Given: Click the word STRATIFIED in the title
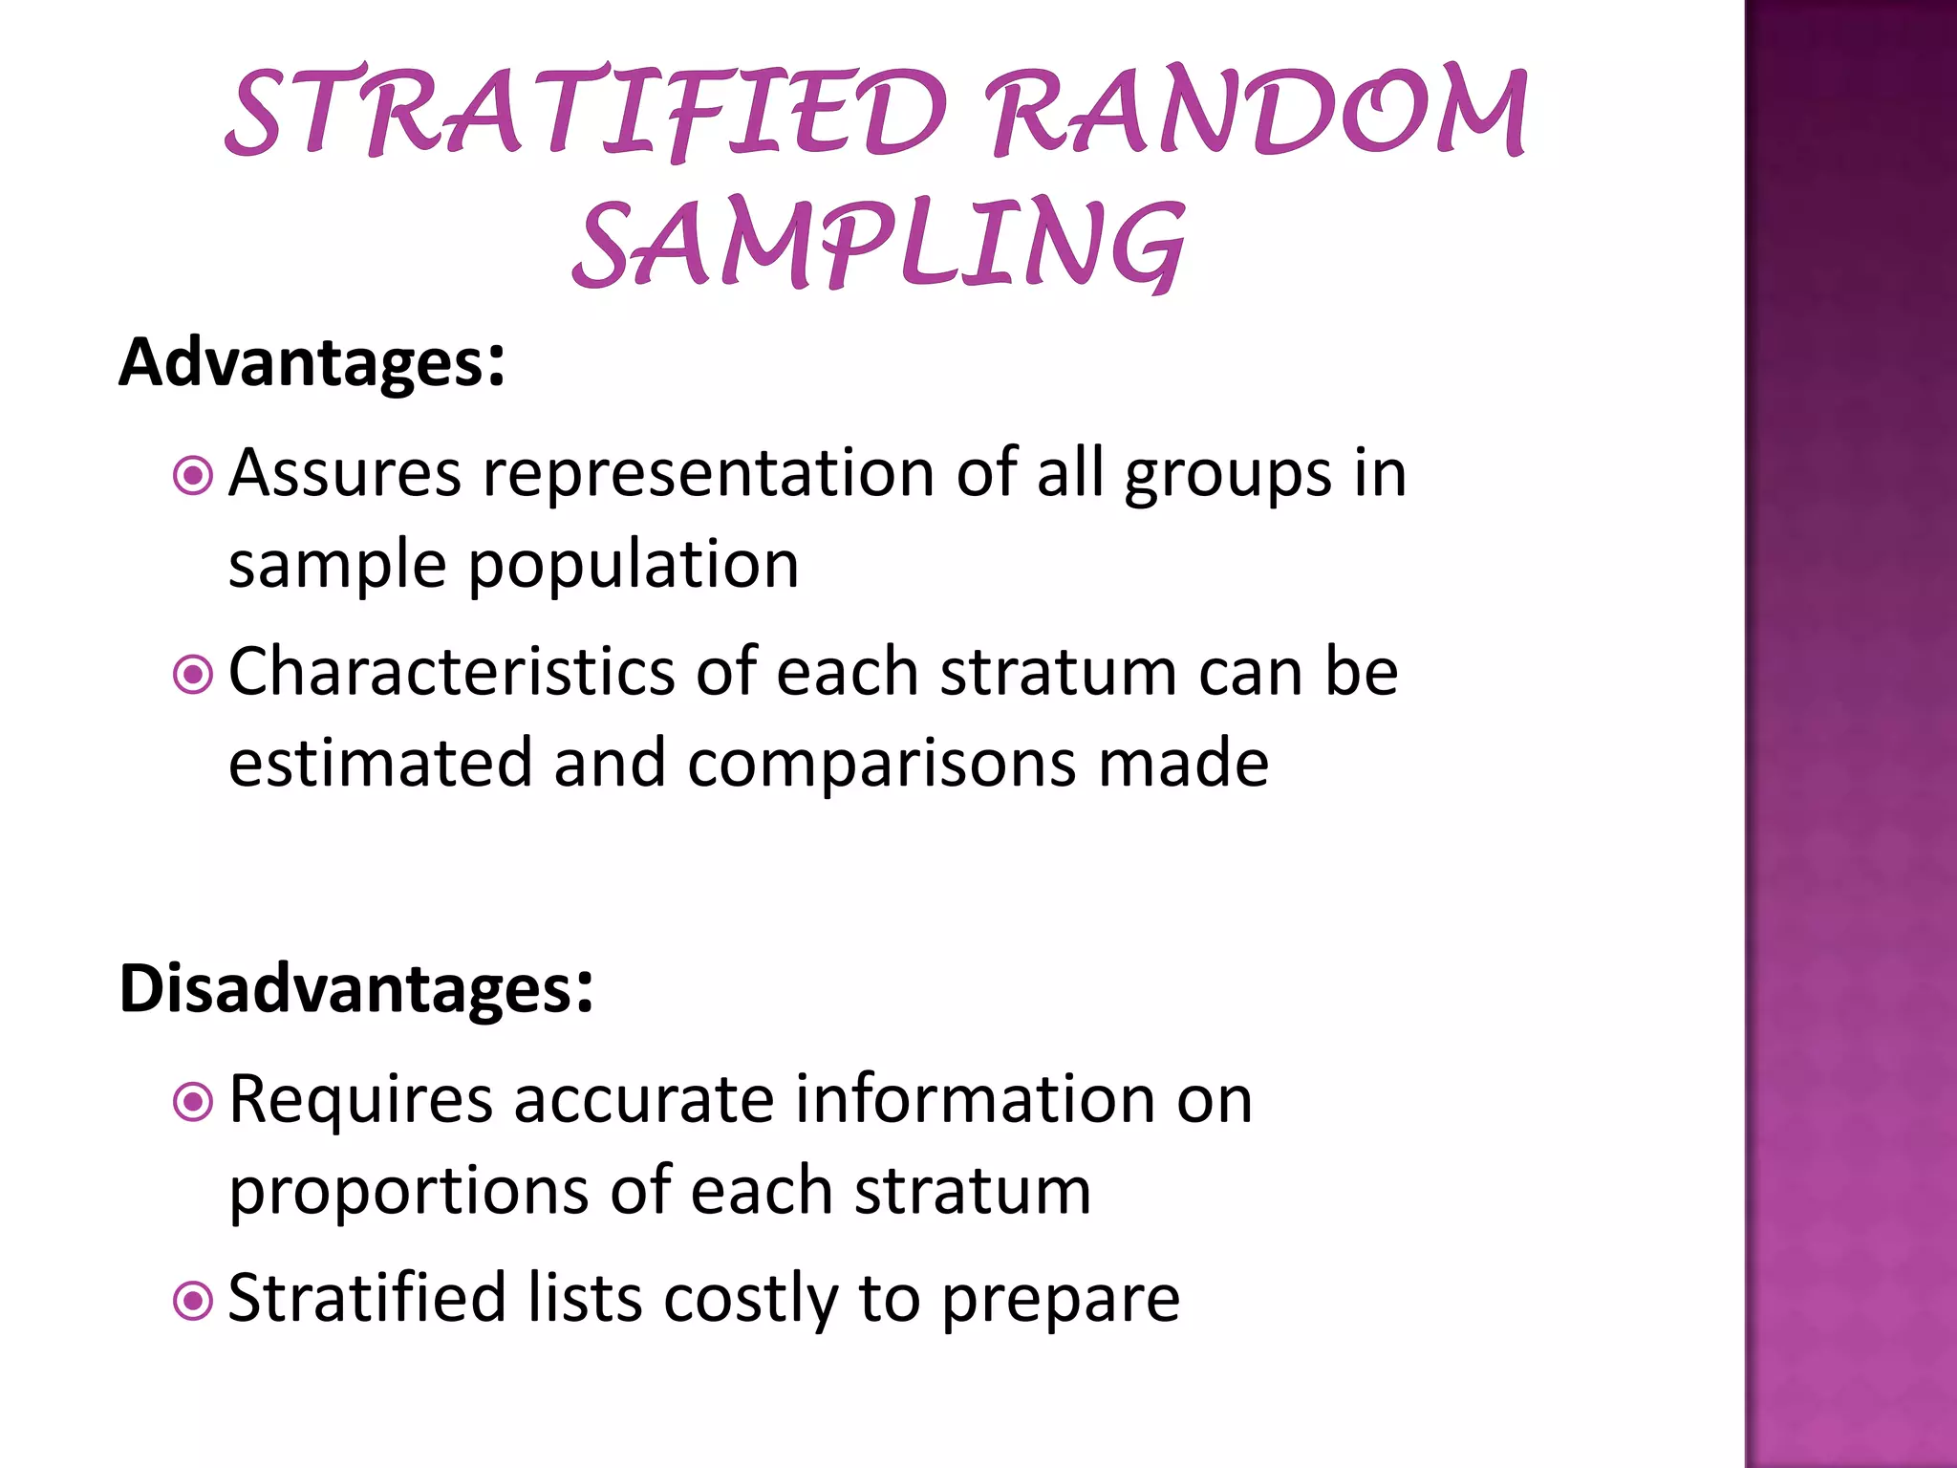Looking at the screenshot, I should [x=585, y=113].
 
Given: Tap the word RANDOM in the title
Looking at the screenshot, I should [x=1257, y=113].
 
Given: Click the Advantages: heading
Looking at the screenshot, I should [x=312, y=363].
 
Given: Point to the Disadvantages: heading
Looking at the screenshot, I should [x=355, y=988].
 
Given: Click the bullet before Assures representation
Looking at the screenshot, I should [x=193, y=475].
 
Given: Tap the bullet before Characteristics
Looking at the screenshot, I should [x=193, y=675].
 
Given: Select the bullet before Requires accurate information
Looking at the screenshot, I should [x=193, y=1102].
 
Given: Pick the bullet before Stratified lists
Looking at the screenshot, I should [x=193, y=1301].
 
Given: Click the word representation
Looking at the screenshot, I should [x=708, y=474].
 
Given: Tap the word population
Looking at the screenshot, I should [x=633, y=566].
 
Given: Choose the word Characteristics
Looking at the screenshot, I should [x=451, y=672].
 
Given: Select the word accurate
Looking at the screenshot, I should [x=643, y=1100].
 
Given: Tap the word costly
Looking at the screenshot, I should [x=750, y=1300].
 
